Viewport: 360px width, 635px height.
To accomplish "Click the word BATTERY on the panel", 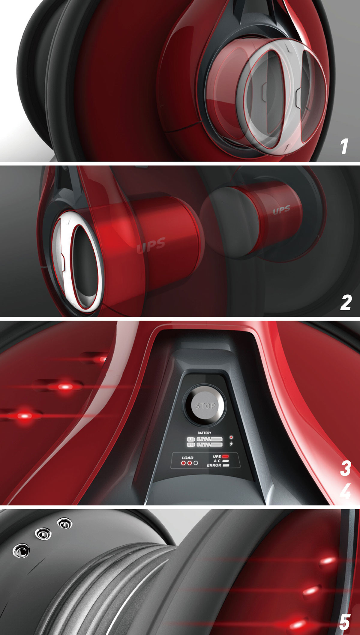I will (204, 433).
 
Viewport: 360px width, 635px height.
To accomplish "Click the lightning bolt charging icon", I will (231, 444).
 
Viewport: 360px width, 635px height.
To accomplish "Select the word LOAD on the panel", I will (187, 458).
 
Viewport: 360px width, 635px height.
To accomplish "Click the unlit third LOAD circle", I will (196, 463).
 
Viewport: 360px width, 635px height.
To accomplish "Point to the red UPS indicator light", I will (226, 456).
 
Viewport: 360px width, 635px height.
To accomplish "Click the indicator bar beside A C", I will (226, 461).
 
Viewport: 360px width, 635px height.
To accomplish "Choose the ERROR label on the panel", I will (214, 465).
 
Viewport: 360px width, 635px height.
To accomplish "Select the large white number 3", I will (345, 469).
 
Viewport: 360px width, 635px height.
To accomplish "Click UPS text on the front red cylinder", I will (151, 245).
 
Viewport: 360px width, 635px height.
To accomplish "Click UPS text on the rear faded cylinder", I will (281, 210).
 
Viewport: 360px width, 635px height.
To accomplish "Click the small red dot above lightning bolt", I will (231, 437).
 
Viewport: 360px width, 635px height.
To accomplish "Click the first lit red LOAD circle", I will (183, 463).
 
